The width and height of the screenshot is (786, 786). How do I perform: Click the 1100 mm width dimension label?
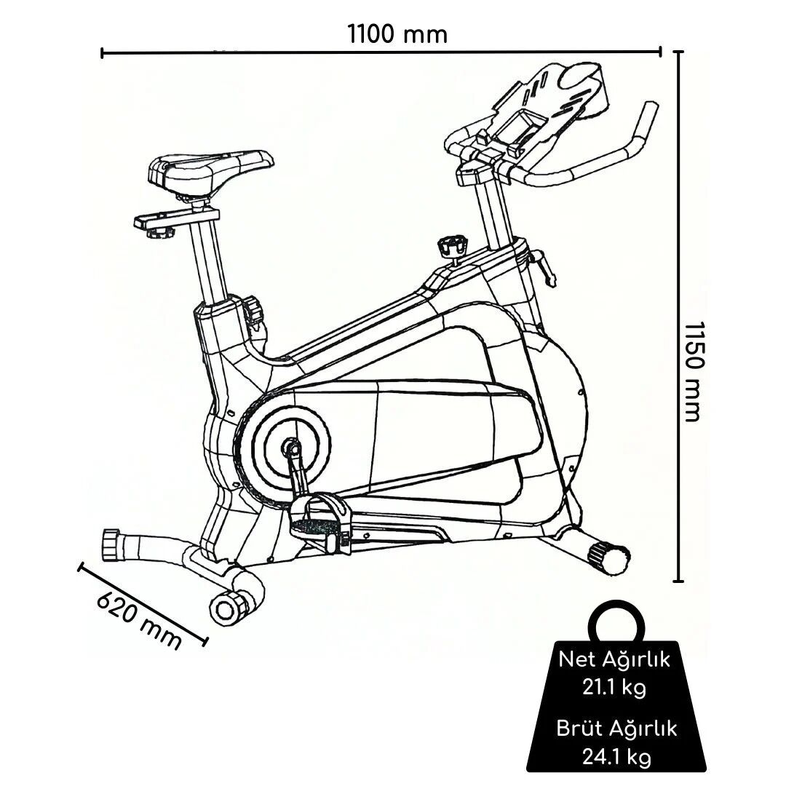[397, 34]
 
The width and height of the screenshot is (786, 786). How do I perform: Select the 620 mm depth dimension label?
[138, 619]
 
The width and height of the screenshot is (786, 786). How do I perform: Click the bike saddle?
[211, 168]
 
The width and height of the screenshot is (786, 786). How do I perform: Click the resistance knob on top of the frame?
[451, 246]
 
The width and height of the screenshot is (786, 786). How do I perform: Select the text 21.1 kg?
[614, 688]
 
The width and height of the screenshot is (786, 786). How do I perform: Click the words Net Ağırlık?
[614, 660]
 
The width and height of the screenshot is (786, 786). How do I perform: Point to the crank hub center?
[291, 445]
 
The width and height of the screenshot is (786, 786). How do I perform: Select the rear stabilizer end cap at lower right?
[609, 557]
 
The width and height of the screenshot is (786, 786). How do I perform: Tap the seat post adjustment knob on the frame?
[254, 309]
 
